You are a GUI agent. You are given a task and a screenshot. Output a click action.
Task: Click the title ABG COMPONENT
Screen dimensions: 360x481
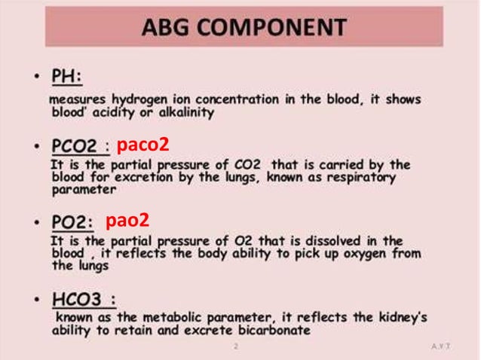pos(244,29)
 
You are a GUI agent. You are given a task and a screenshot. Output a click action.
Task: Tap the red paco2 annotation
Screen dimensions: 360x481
pos(142,145)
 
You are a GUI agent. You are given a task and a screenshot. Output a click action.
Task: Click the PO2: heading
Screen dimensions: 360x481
pos(72,222)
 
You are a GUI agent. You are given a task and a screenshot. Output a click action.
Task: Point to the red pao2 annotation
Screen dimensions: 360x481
pos(127,221)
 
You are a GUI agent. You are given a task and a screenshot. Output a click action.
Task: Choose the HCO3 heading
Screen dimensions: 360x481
pos(82,299)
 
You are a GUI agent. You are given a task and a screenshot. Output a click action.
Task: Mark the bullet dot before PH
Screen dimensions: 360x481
pos(38,78)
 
